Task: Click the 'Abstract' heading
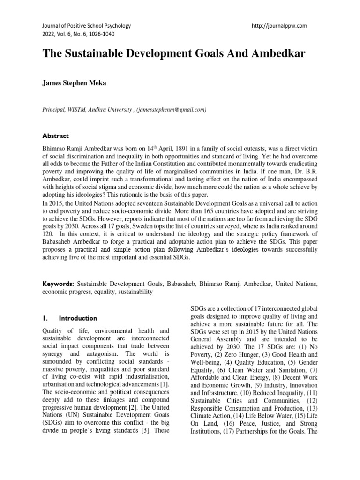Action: [56, 136]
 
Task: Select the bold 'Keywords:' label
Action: [58, 284]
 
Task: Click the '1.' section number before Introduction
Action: [45, 318]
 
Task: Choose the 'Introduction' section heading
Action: [78, 318]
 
